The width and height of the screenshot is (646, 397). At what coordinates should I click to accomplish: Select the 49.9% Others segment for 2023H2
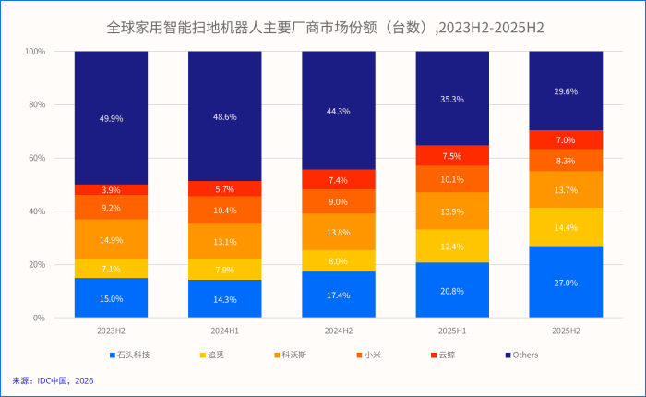coord(111,118)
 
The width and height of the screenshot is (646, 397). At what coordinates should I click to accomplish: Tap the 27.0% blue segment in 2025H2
coord(566,283)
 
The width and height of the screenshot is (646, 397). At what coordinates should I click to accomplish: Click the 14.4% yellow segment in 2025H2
coord(566,227)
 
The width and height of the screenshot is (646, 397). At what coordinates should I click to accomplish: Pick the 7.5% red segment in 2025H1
coord(452,156)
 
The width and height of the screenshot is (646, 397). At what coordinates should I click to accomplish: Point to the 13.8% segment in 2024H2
coord(339,232)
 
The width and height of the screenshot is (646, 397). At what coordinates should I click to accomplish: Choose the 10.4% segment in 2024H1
coord(225,211)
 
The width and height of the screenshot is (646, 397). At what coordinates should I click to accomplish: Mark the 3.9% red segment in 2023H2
coord(111,189)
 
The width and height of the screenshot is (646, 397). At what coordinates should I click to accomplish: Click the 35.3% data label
coord(452,99)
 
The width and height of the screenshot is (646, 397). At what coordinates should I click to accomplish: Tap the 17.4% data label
coord(339,295)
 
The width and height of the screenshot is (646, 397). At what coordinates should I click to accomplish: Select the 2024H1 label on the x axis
coord(225,330)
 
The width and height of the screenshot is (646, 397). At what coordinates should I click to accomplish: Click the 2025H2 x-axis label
coord(566,330)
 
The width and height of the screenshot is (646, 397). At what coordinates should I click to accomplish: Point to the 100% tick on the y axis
coord(35,52)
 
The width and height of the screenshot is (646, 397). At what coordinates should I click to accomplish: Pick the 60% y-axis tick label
coord(37,158)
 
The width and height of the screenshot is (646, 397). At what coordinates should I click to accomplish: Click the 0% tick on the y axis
coord(40,318)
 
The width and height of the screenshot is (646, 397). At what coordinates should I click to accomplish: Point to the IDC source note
coord(53,380)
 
